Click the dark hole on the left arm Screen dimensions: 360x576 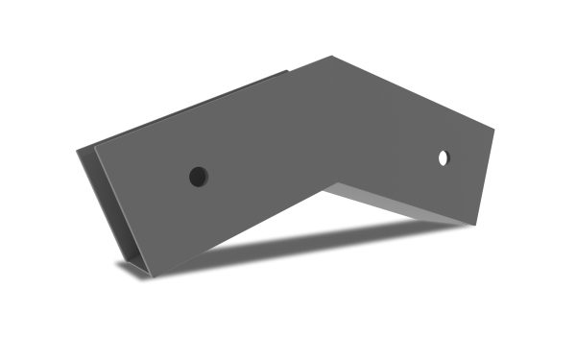198,177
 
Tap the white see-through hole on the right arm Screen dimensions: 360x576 444,157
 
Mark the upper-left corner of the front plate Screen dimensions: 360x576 94,149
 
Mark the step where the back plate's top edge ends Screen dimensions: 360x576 287,73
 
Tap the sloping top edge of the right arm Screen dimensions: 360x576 413,95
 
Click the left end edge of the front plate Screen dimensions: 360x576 122,212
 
